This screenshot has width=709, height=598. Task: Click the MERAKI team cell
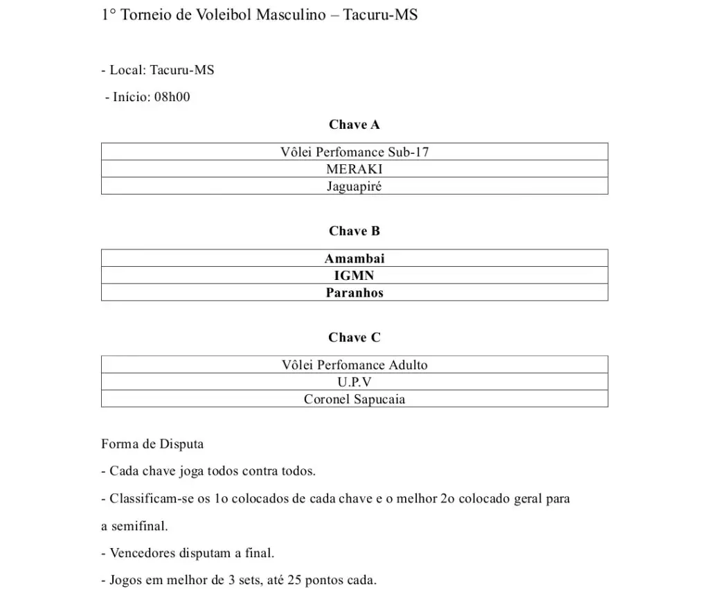(x=354, y=169)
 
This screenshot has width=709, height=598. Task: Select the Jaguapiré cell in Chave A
(x=354, y=186)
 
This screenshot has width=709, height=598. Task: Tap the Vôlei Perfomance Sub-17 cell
(x=354, y=152)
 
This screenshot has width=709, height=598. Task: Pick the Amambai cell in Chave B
(x=354, y=258)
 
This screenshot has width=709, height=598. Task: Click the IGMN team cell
(x=354, y=276)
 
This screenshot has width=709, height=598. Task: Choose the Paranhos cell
(x=354, y=292)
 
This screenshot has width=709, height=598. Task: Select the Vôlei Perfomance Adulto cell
(x=354, y=365)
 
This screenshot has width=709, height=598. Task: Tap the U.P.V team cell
(x=354, y=382)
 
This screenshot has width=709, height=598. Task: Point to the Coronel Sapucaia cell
(x=354, y=399)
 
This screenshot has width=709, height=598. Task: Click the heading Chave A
(x=354, y=125)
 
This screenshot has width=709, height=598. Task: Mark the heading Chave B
(x=354, y=231)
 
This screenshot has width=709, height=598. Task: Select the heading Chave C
(x=354, y=337)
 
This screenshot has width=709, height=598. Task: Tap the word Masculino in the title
(x=290, y=15)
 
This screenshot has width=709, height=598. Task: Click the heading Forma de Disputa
(x=152, y=443)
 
